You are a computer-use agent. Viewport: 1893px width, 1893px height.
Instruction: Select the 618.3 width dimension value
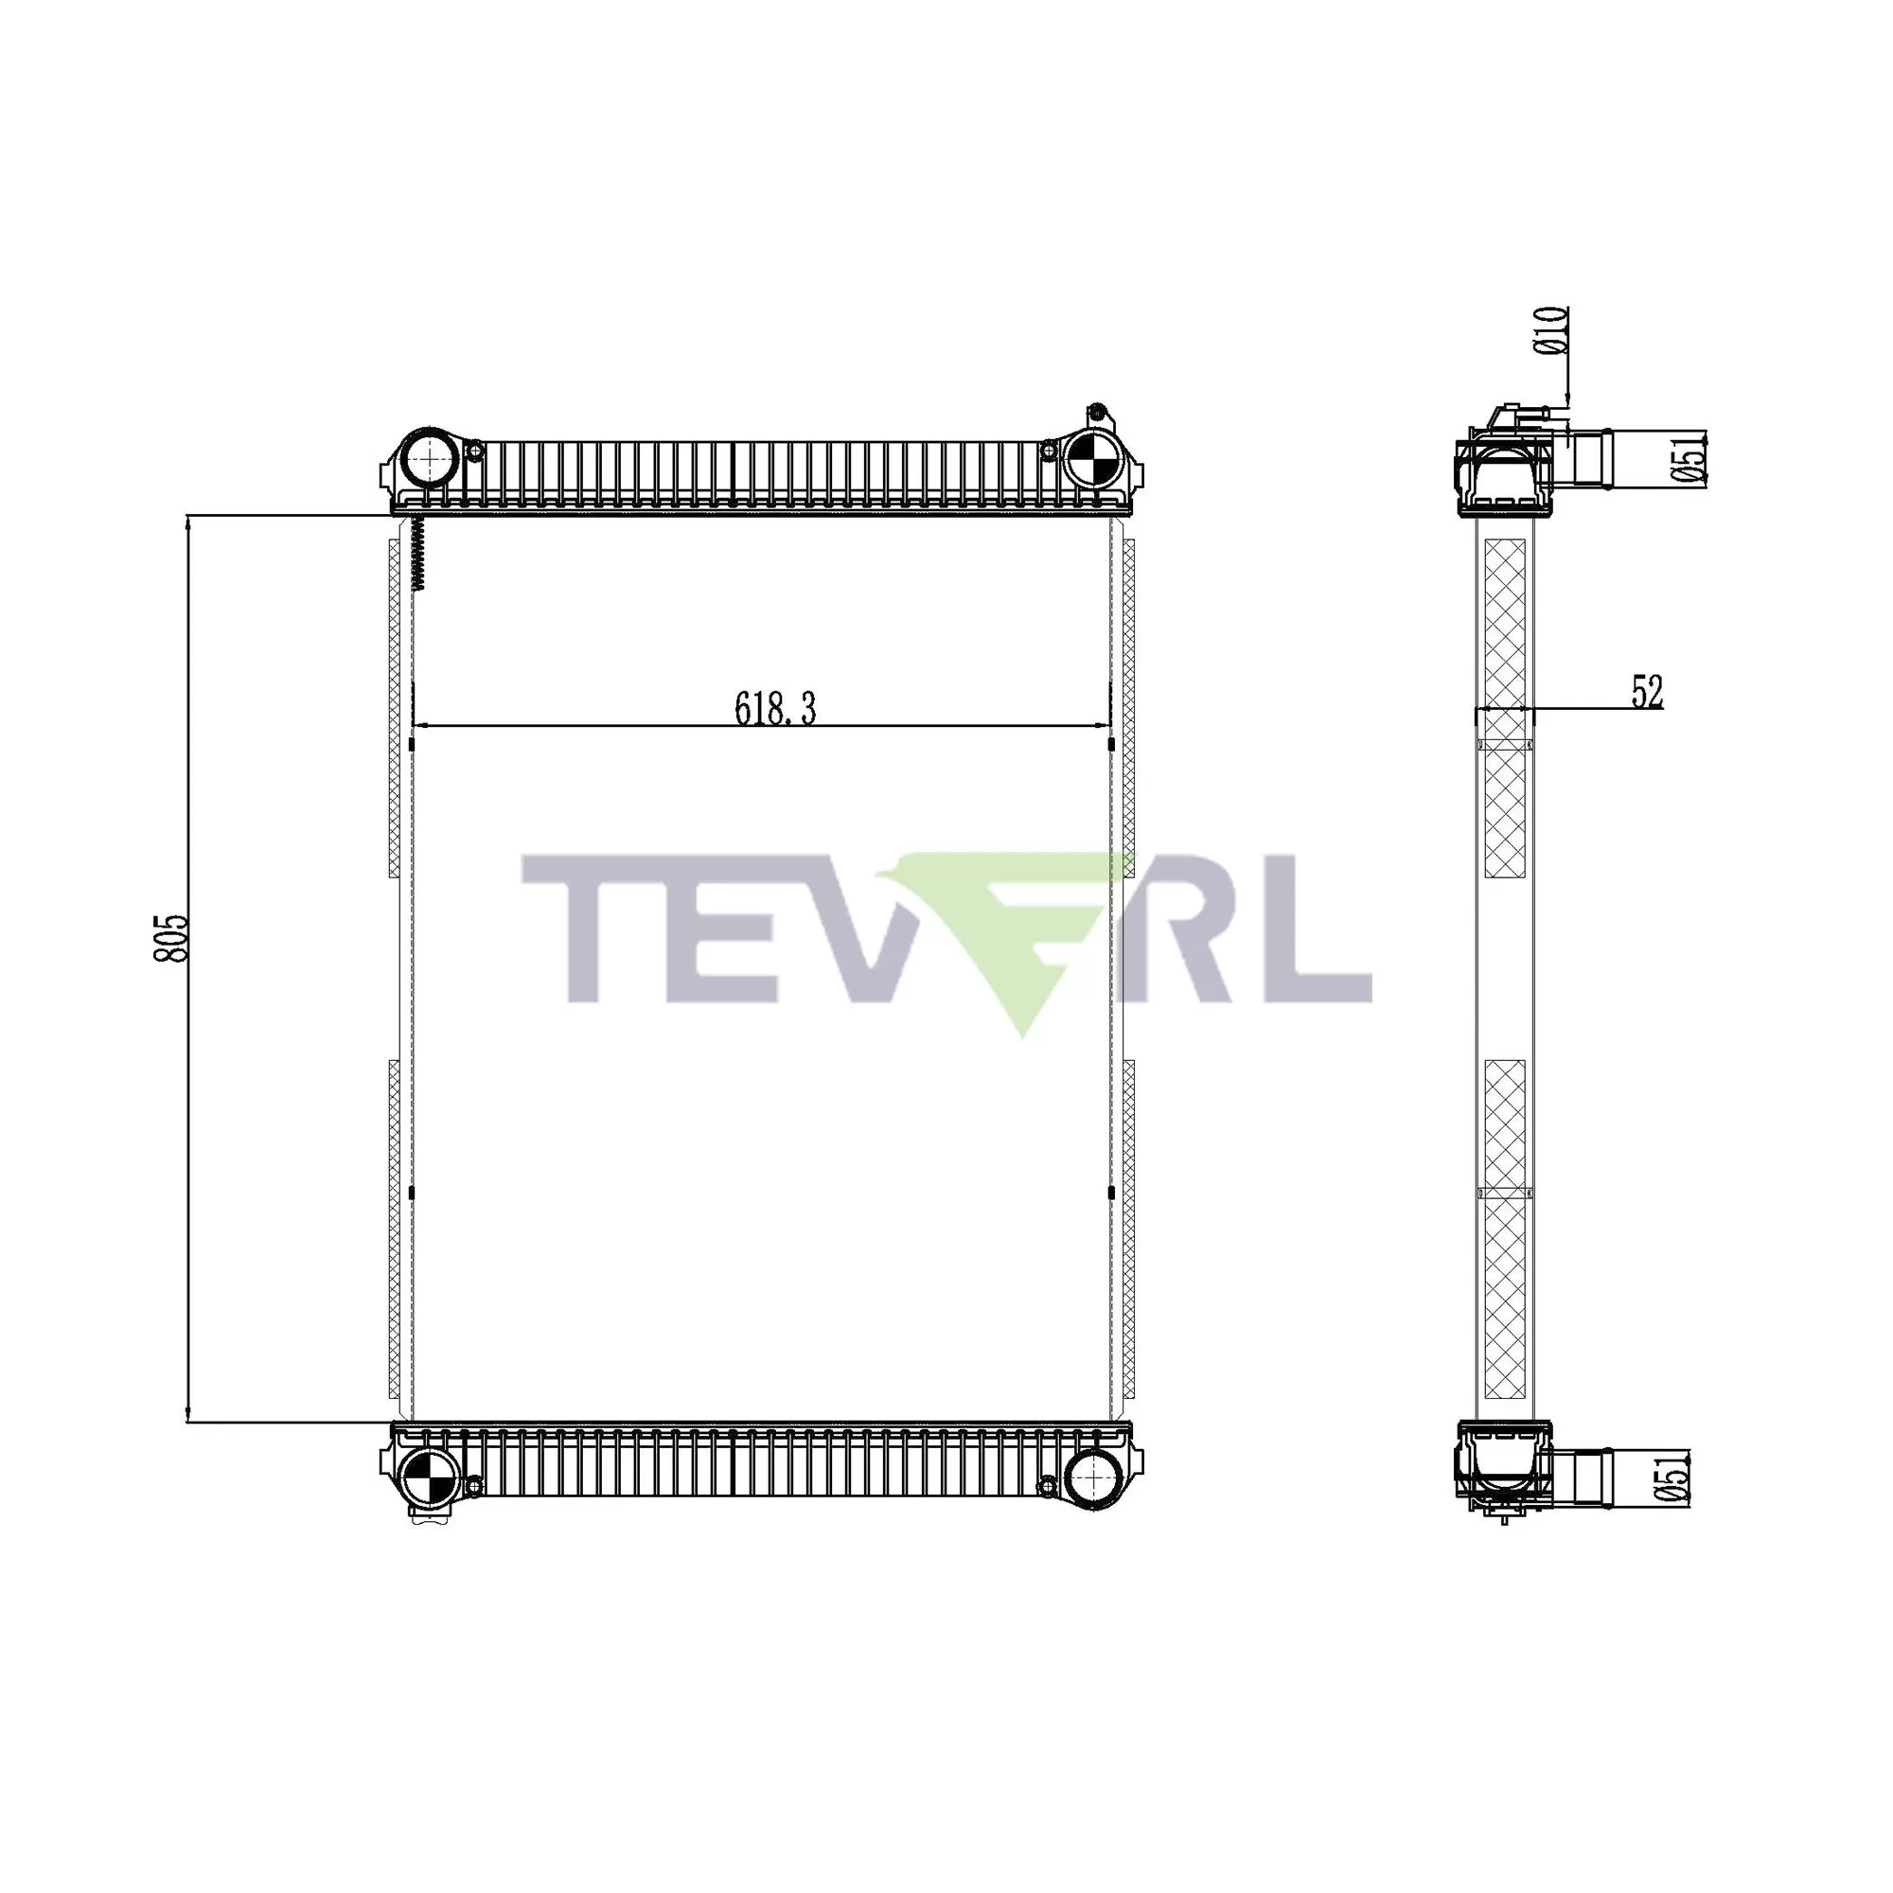(x=775, y=707)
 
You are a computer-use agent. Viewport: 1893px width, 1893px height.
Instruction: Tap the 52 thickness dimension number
(x=1647, y=692)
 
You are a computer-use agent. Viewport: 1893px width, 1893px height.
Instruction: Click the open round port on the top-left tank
(x=428, y=457)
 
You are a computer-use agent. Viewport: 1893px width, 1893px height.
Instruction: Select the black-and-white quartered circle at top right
(x=1090, y=457)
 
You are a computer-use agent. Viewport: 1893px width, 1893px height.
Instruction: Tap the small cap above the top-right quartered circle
(x=1097, y=411)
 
